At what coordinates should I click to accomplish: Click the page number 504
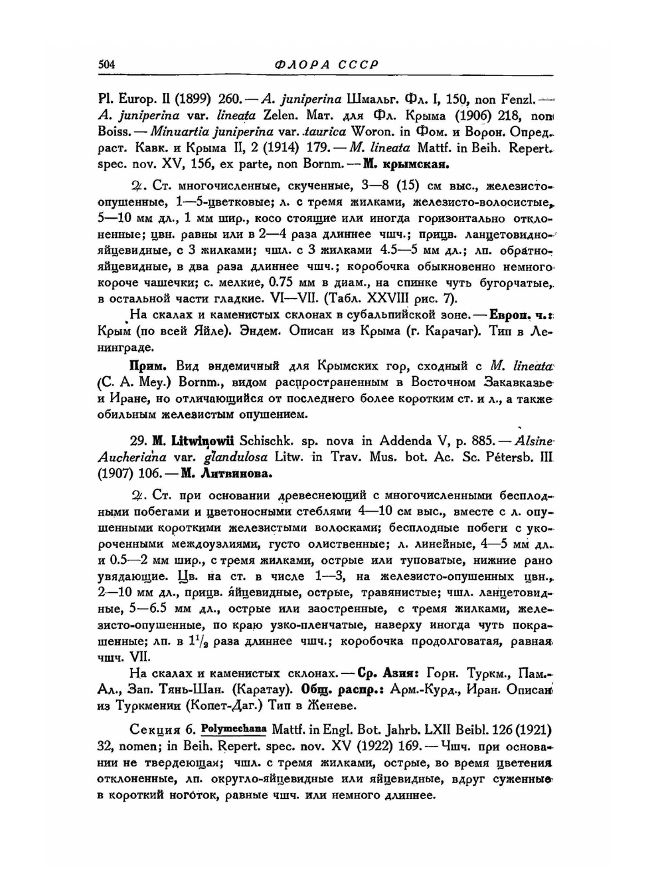(x=106, y=64)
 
